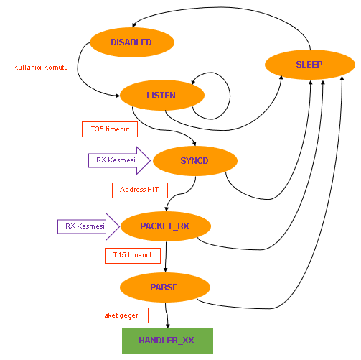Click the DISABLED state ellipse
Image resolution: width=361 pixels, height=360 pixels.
point(131,42)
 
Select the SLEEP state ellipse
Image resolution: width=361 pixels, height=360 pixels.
point(309,65)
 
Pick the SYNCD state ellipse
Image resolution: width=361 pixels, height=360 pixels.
point(194,160)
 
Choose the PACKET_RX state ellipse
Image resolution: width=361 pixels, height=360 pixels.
point(165,226)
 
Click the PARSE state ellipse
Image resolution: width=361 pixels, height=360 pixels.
point(164,287)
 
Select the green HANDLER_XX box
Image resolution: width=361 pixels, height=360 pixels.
point(167,338)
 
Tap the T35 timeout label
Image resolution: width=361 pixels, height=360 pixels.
point(106,129)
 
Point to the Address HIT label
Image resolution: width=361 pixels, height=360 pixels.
point(139,190)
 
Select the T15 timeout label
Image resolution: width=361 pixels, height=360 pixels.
point(128,254)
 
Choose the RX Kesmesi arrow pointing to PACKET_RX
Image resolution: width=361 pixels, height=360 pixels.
point(89,226)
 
